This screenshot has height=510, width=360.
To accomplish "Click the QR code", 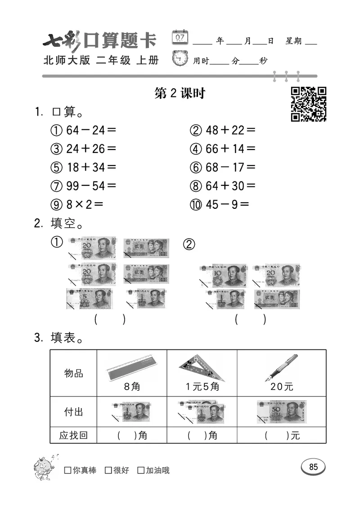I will coord(309,104).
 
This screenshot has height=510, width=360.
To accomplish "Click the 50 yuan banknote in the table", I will coord(282,411).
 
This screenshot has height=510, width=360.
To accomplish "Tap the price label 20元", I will coord(282,387).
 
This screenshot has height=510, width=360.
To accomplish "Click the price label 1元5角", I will coord(202,387).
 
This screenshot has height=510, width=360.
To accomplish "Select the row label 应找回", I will coord(73,435).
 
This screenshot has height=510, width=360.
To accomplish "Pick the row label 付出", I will coord(73,412).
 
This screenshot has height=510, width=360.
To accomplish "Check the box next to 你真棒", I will coord(68,470).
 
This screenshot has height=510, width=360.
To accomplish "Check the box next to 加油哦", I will coord(141,470).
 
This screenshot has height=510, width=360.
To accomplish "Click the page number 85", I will coord(313,467).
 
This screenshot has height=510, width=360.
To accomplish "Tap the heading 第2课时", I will coord(180,93).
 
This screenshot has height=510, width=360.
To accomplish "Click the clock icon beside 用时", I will coord(181,59).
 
